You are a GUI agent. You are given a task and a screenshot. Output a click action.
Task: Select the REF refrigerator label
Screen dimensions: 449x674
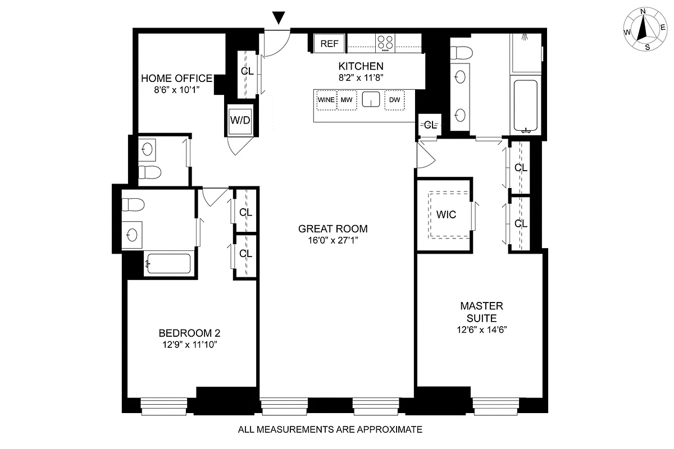tap(330, 43)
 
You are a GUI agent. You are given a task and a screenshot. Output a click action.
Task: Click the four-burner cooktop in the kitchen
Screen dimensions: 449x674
tap(385, 43)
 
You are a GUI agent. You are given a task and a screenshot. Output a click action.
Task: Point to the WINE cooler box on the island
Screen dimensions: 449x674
tap(326, 100)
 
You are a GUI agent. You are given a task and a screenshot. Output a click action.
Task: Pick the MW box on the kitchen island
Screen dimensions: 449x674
tap(347, 100)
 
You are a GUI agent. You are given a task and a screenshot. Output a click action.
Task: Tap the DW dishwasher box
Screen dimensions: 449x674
tap(394, 100)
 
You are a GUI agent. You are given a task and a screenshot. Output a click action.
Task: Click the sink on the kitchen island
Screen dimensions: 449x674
tap(371, 100)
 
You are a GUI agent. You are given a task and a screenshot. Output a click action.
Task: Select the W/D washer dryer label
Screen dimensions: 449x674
tap(239, 120)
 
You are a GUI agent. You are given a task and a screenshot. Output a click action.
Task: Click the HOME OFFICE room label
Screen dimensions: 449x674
tap(176, 78)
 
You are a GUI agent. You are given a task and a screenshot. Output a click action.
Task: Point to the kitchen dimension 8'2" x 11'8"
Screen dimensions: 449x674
tap(361, 78)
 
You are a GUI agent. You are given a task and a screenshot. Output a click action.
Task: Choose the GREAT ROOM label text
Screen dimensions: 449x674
tap(333, 228)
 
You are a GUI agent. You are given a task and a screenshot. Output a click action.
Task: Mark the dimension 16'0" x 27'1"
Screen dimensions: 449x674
tap(333, 240)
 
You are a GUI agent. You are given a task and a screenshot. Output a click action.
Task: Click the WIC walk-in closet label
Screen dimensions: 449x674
tap(446, 214)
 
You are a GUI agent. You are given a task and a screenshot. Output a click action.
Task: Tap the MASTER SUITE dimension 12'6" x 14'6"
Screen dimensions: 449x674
tap(481, 329)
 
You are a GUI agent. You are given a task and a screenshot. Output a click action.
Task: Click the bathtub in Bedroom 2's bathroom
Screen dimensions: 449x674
tap(168, 264)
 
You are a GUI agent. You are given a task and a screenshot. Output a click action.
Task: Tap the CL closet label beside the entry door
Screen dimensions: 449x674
tap(247, 71)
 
